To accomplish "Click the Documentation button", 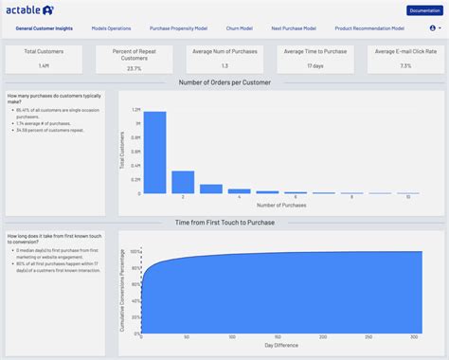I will (x=423, y=10).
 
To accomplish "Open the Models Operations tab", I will (x=113, y=28).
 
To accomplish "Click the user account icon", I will (x=433, y=28).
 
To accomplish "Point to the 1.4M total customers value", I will (x=45, y=66).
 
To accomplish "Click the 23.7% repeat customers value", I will (x=135, y=68).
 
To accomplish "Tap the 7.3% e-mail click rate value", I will (x=405, y=66).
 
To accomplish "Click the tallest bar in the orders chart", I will (x=154, y=153).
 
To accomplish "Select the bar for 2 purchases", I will (x=183, y=182).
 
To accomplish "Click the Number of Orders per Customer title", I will (x=224, y=83).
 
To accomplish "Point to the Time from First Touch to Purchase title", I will (x=224, y=222).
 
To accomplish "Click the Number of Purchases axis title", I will (x=281, y=206).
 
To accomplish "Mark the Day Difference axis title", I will (x=281, y=345).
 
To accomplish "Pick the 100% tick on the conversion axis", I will (x=135, y=252).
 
